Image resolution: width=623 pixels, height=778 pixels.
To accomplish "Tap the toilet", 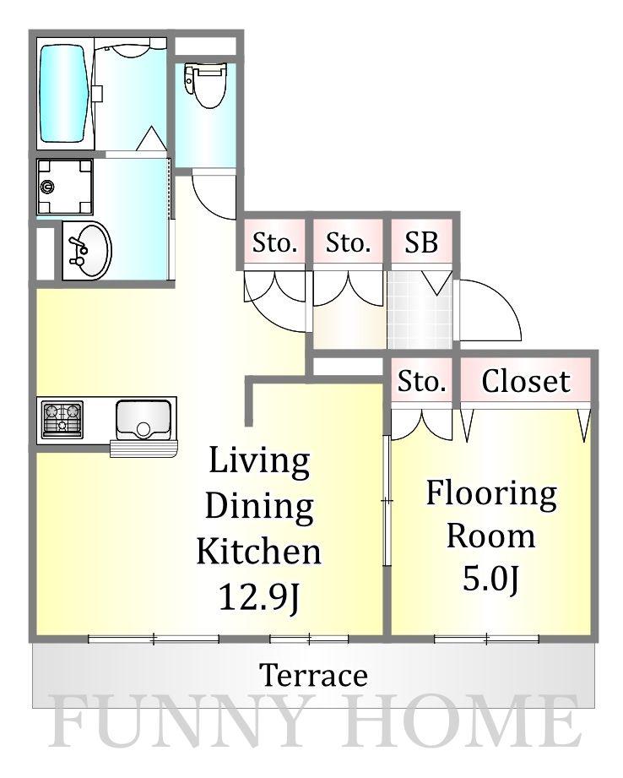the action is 205,84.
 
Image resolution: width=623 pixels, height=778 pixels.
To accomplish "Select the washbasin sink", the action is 88,250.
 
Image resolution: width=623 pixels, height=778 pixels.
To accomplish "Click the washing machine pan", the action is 65,187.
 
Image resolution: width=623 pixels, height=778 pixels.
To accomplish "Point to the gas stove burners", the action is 62,419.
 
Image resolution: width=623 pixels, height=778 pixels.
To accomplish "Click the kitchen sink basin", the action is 143,420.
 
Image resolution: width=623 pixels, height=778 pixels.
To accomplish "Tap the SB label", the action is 421,242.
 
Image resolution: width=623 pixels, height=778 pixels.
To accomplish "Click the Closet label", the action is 526,381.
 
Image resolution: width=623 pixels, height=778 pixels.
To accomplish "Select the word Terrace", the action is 313,675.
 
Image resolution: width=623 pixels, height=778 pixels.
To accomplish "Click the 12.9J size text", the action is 260,597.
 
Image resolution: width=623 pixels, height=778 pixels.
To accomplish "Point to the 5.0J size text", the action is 491,579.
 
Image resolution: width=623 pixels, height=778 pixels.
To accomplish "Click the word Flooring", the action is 491,494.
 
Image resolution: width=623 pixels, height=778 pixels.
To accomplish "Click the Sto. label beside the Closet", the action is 421,381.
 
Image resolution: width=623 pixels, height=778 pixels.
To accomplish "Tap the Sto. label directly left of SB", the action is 348,242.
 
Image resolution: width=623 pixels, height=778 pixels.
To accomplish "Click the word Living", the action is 259,461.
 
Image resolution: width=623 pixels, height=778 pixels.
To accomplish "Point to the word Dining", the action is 259,507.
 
